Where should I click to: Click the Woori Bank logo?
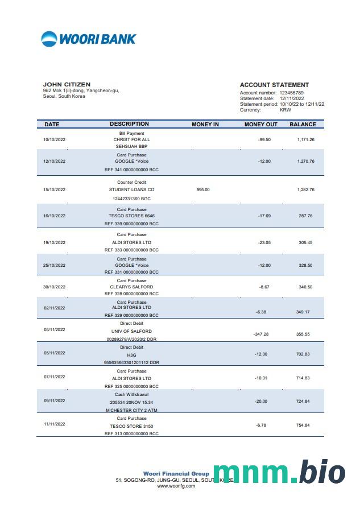tap(89, 39)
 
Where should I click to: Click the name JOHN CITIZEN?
tap(67, 85)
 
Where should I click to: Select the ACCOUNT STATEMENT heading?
tap(274, 85)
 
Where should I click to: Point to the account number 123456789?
tap(291, 93)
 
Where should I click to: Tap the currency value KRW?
tap(285, 110)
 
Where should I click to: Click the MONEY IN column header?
tap(205, 124)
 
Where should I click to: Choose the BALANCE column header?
tap(303, 124)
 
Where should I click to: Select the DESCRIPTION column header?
tap(129, 124)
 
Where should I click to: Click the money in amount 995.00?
tap(203, 189)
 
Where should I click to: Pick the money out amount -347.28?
tap(261, 334)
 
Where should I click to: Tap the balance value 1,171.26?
tap(306, 139)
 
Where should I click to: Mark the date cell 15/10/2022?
tap(55, 189)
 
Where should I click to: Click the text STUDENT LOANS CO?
tap(131, 189)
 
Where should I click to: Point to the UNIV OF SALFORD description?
tap(131, 331)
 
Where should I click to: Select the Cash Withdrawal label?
tap(131, 394)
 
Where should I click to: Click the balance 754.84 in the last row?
tap(304, 426)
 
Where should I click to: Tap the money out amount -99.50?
tap(264, 139)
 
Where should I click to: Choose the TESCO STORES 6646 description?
tap(131, 216)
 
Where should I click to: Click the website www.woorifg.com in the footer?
tap(176, 486)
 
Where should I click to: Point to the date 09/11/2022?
tap(55, 400)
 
